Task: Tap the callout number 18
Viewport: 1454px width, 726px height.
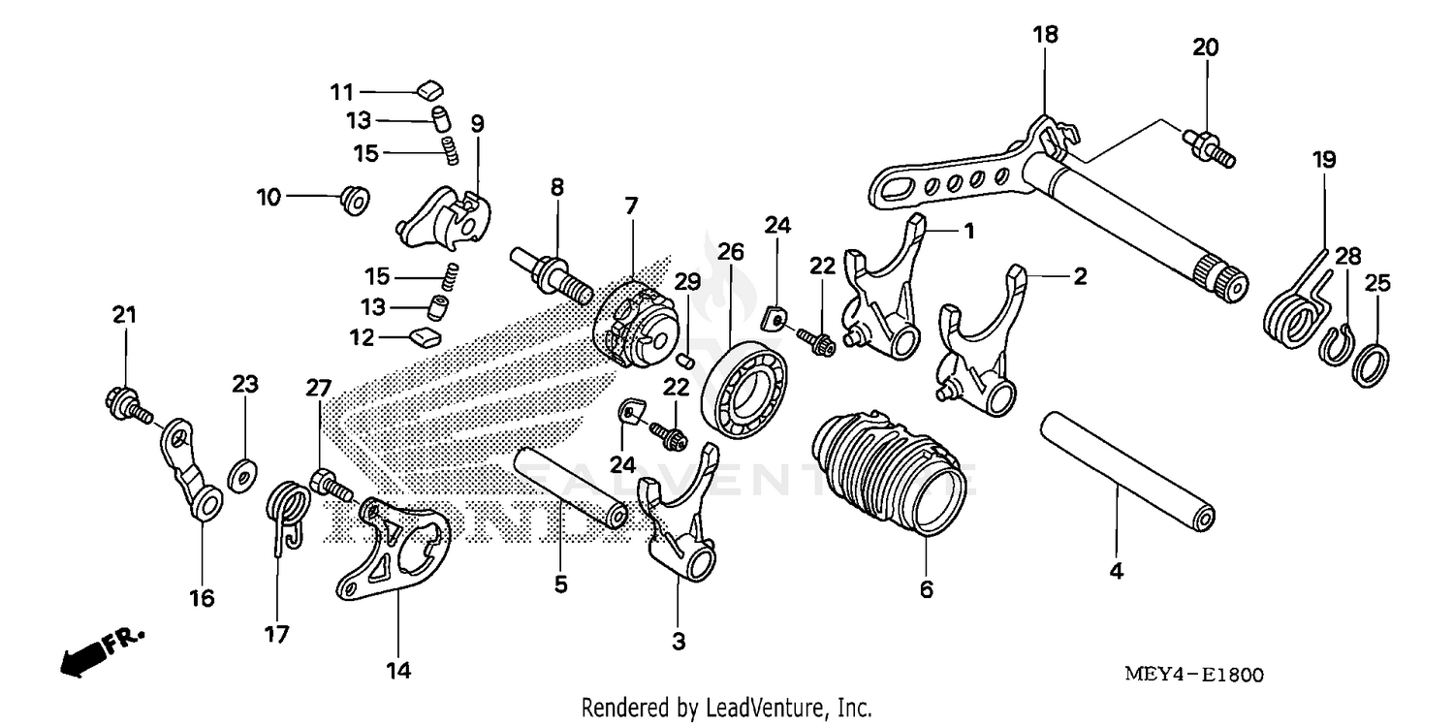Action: (x=1045, y=35)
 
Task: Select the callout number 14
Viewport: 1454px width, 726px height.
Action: (x=398, y=670)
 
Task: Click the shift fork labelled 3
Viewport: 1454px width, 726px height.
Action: (x=682, y=523)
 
